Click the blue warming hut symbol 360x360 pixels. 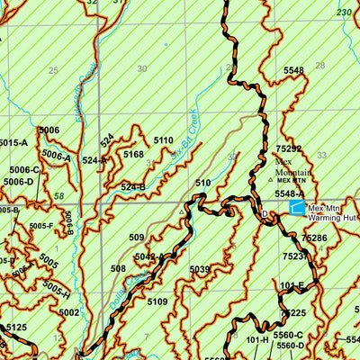coord(296,208)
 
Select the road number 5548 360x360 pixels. coord(293,70)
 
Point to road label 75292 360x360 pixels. coord(289,149)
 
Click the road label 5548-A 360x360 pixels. coord(290,193)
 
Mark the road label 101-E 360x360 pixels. coord(292,286)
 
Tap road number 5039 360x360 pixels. coord(200,269)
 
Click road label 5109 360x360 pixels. coord(157,301)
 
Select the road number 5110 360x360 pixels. coord(163,140)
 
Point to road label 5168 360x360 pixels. coord(133,155)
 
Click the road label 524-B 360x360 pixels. coord(132,187)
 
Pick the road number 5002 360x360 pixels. coord(69,312)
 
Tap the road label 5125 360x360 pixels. coord(16,328)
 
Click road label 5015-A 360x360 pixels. coord(13,142)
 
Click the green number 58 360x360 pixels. coord(58,195)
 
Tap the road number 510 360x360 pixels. coord(202,184)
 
